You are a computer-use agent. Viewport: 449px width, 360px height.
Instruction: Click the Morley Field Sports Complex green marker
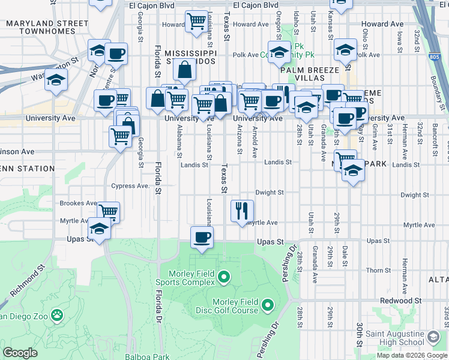[224, 277]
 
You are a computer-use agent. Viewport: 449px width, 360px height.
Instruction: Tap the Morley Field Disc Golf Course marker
[267, 306]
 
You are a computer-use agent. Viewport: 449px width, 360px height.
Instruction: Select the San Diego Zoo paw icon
[56, 314]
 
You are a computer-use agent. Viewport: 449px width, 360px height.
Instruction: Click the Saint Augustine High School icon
[433, 337]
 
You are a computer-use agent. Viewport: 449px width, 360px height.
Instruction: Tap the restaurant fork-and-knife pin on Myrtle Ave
[243, 211]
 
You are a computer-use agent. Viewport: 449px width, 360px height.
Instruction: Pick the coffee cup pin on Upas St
[201, 237]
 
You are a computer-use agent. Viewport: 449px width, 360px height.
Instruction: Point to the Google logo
[20, 353]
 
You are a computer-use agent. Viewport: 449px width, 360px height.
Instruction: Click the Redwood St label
[400, 300]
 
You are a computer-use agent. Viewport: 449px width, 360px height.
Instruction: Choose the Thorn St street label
[379, 271]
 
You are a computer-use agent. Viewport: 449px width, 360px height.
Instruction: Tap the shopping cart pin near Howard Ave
[196, 21]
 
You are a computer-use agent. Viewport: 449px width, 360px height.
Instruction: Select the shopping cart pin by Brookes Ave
[109, 212]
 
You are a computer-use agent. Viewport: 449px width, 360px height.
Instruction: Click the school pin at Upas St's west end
[99, 228]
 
